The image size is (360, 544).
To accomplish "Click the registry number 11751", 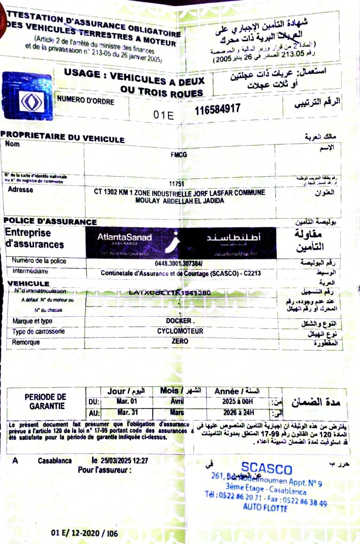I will click(x=177, y=183).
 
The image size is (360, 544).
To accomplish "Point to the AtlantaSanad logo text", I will click(x=124, y=238).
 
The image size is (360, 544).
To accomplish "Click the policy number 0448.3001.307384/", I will click(x=179, y=263).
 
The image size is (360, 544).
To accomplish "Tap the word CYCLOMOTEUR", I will click(x=180, y=331).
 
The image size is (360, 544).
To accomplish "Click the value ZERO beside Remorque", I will click(x=180, y=341).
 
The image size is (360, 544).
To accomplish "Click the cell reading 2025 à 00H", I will click(x=237, y=401).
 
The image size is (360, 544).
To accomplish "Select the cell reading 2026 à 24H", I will click(x=237, y=412).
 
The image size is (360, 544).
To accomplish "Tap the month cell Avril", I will click(x=177, y=401).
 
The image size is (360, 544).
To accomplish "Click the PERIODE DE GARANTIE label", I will click(x=45, y=401).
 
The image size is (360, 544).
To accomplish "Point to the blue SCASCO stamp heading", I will click(x=266, y=469).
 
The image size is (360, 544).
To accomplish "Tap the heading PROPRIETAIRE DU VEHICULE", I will click(x=62, y=137).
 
